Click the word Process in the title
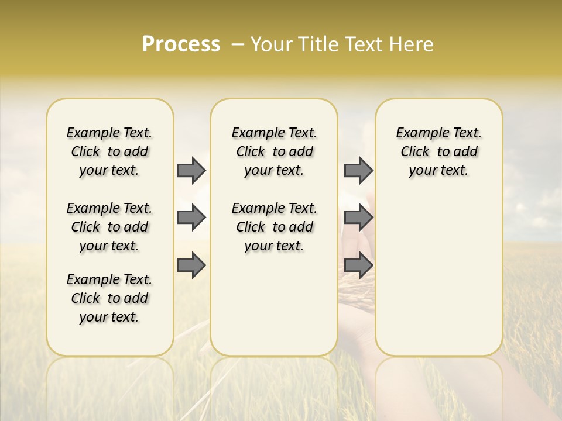pyautogui.click(x=181, y=44)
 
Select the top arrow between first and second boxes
pyautogui.click(x=191, y=170)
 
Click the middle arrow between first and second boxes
pyautogui.click(x=191, y=218)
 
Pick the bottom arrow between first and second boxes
pyautogui.click(x=191, y=266)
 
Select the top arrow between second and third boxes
pyautogui.click(x=358, y=170)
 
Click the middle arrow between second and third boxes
pyautogui.click(x=358, y=218)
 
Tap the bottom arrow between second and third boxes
pyautogui.click(x=358, y=266)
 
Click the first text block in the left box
pyautogui.click(x=109, y=151)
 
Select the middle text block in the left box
pyautogui.click(x=109, y=227)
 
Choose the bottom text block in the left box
pyautogui.click(x=109, y=298)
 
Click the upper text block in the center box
pyautogui.click(x=274, y=151)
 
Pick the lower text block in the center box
pyautogui.click(x=274, y=227)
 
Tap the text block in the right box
pyautogui.click(x=438, y=151)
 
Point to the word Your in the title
pyautogui.click(x=271, y=44)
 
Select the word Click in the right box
pyautogui.click(x=415, y=151)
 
